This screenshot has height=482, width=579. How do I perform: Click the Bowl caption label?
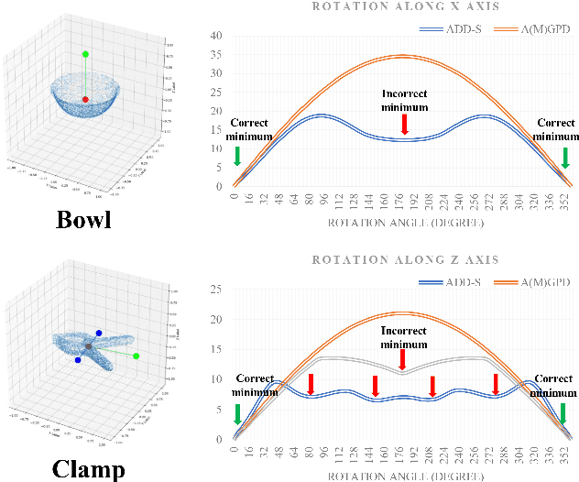pyautogui.click(x=84, y=221)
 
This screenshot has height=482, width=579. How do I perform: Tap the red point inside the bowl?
pyautogui.click(x=85, y=99)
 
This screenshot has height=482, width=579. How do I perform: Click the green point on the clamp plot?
pyautogui.click(x=137, y=356)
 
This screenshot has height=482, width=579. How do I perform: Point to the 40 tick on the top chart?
pyautogui.click(x=217, y=36)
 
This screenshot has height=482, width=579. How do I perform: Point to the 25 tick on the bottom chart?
pyautogui.click(x=217, y=290)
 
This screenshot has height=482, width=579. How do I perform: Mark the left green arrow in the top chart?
pyautogui.click(x=238, y=156)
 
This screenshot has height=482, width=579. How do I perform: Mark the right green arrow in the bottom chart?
pyautogui.click(x=564, y=413)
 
